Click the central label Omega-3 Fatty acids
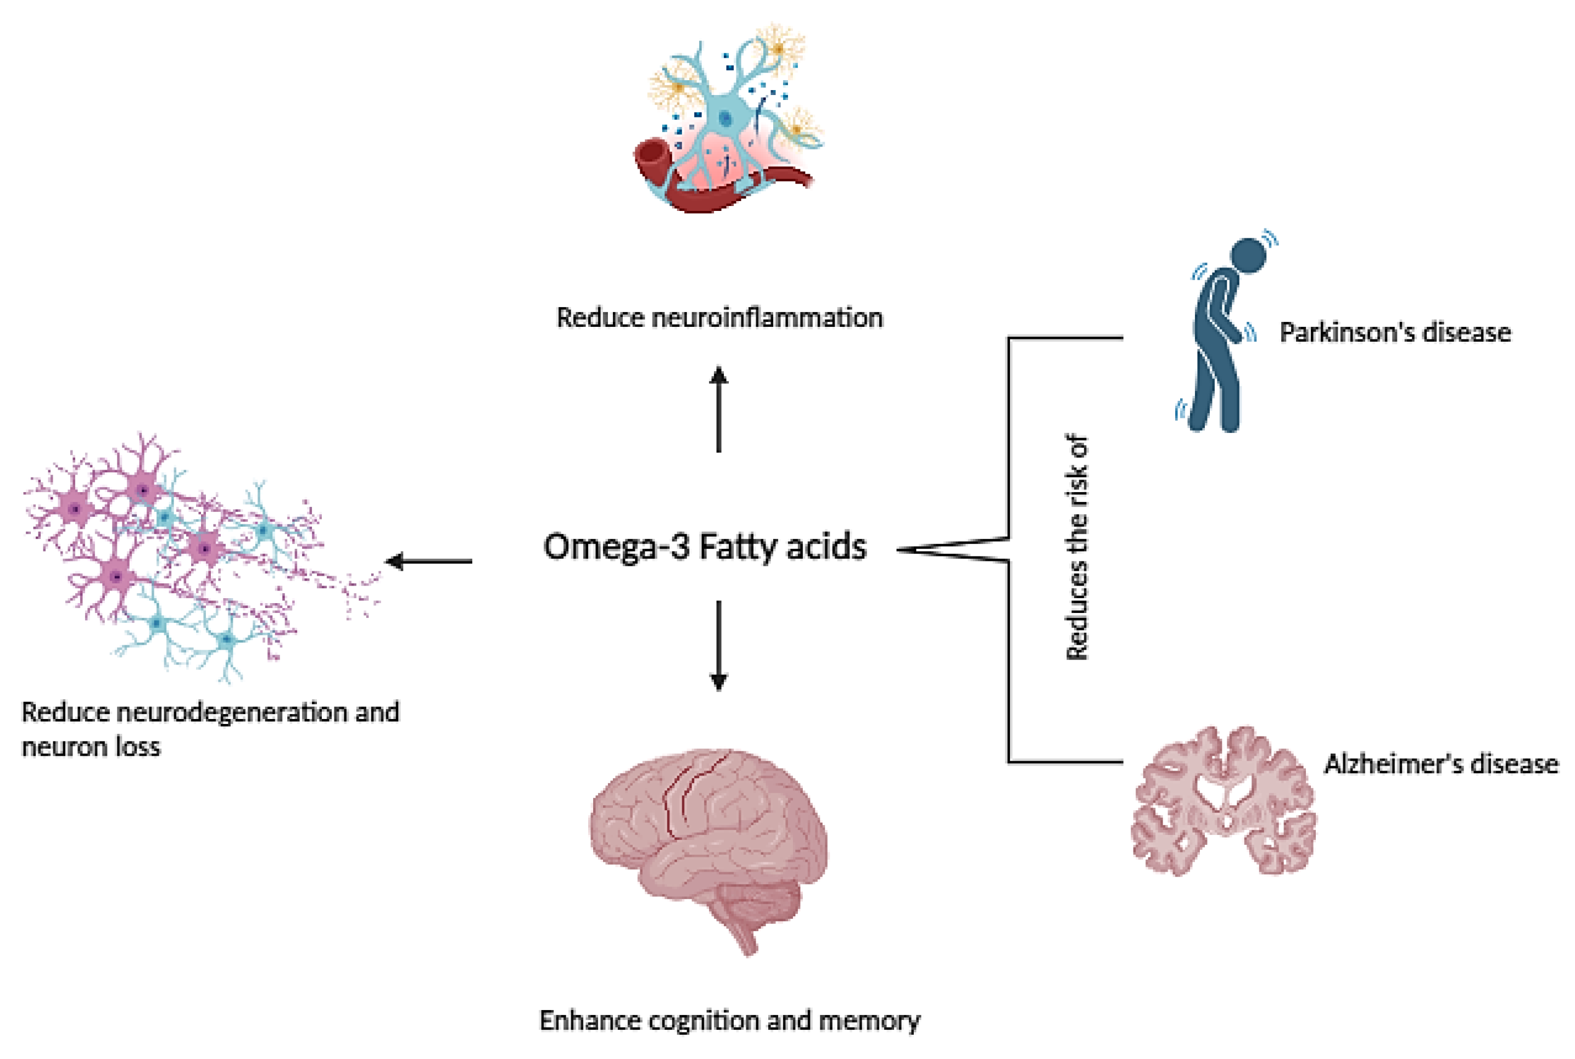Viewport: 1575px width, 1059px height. pos(704,547)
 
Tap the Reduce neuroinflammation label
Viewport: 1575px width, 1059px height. pos(719,317)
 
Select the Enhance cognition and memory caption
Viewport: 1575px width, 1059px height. pos(729,1020)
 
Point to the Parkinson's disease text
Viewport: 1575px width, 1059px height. pos(1395,332)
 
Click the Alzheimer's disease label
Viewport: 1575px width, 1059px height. pos(1442,764)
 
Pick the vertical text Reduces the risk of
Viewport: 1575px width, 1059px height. pos(1077,547)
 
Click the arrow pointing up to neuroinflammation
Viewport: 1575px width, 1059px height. pos(718,409)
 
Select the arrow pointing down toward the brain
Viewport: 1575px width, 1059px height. pos(718,645)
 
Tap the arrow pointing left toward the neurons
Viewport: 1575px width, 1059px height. pos(429,561)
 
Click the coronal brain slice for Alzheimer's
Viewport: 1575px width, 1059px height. pos(1224,804)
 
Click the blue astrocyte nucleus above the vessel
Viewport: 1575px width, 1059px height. pos(725,119)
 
